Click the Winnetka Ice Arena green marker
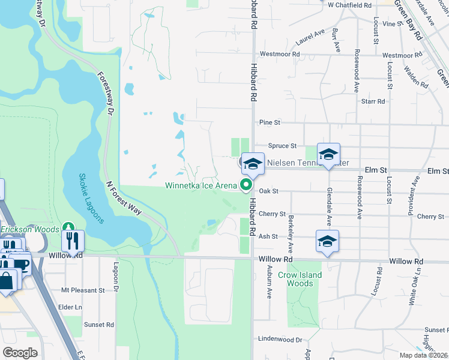click(x=246, y=185)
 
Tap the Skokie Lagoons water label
click(x=92, y=199)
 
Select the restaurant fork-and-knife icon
click(x=73, y=241)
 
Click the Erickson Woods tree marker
click(x=69, y=229)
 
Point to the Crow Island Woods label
click(x=300, y=279)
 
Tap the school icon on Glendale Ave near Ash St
click(x=327, y=242)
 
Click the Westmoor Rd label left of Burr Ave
click(x=279, y=54)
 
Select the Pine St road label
click(x=270, y=122)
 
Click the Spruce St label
click(x=282, y=146)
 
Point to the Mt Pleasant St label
click(x=83, y=290)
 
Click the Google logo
click(x=20, y=353)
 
